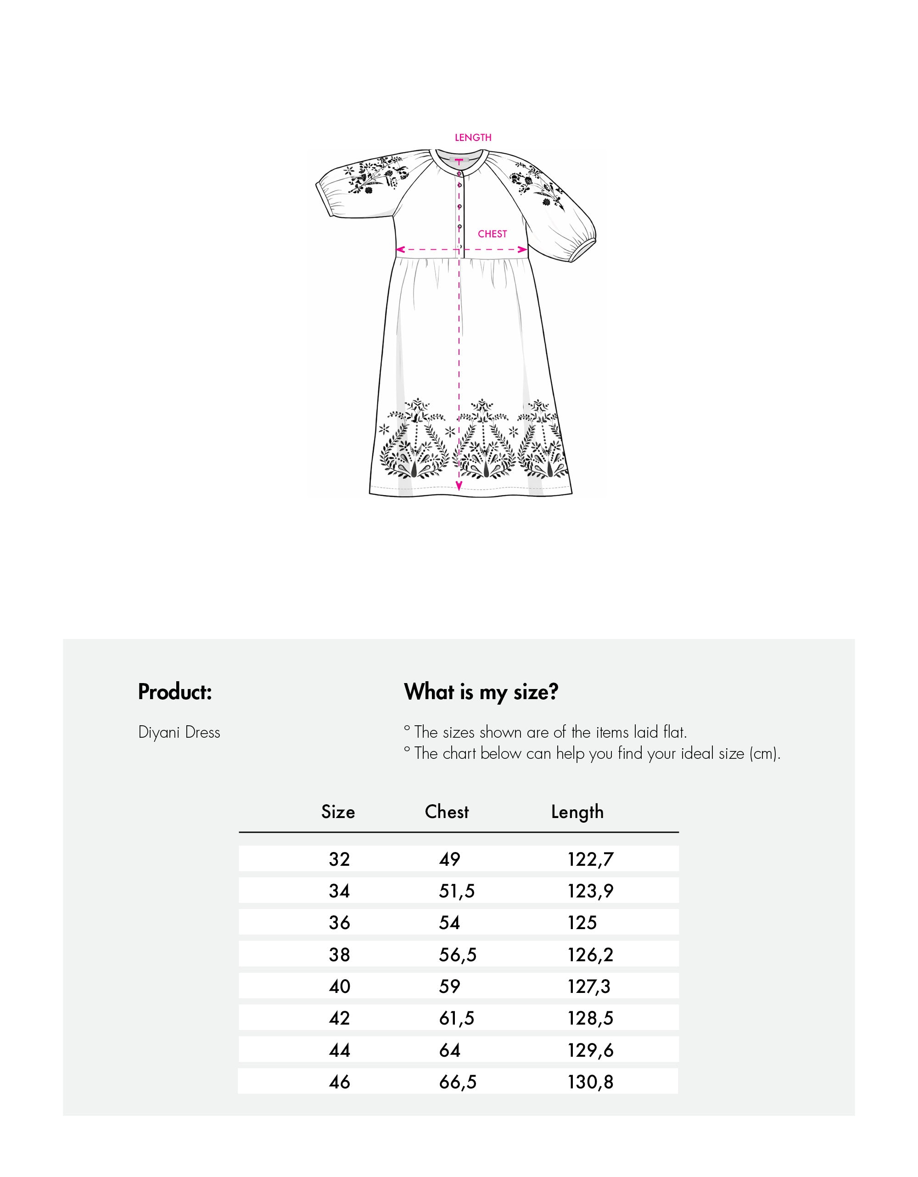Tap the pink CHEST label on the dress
(x=492, y=234)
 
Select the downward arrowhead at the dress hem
(x=459, y=486)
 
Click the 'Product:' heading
(x=175, y=692)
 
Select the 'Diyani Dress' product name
(x=179, y=732)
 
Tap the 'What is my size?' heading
(x=481, y=692)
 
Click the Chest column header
(x=447, y=812)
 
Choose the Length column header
(x=577, y=812)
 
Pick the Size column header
(x=338, y=812)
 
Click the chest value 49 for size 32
(x=449, y=859)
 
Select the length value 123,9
(x=590, y=891)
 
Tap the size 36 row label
(x=339, y=923)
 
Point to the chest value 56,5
(x=457, y=955)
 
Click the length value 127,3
(x=589, y=987)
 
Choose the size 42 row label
(x=339, y=1018)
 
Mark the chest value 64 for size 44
(x=449, y=1050)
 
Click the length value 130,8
(x=590, y=1082)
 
